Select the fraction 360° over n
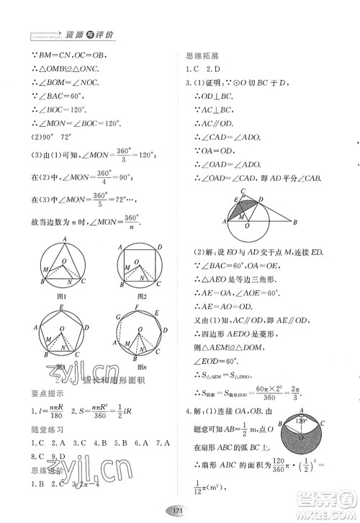point(130,220)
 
